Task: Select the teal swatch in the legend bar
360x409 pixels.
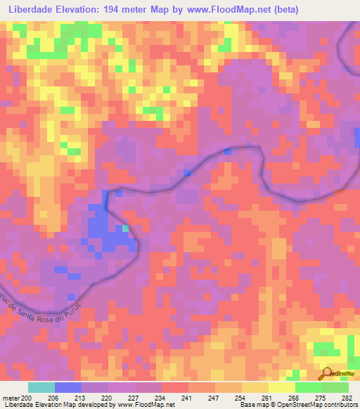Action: (41, 387)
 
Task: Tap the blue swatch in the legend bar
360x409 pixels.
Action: (68, 387)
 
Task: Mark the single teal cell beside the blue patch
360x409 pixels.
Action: (125, 228)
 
